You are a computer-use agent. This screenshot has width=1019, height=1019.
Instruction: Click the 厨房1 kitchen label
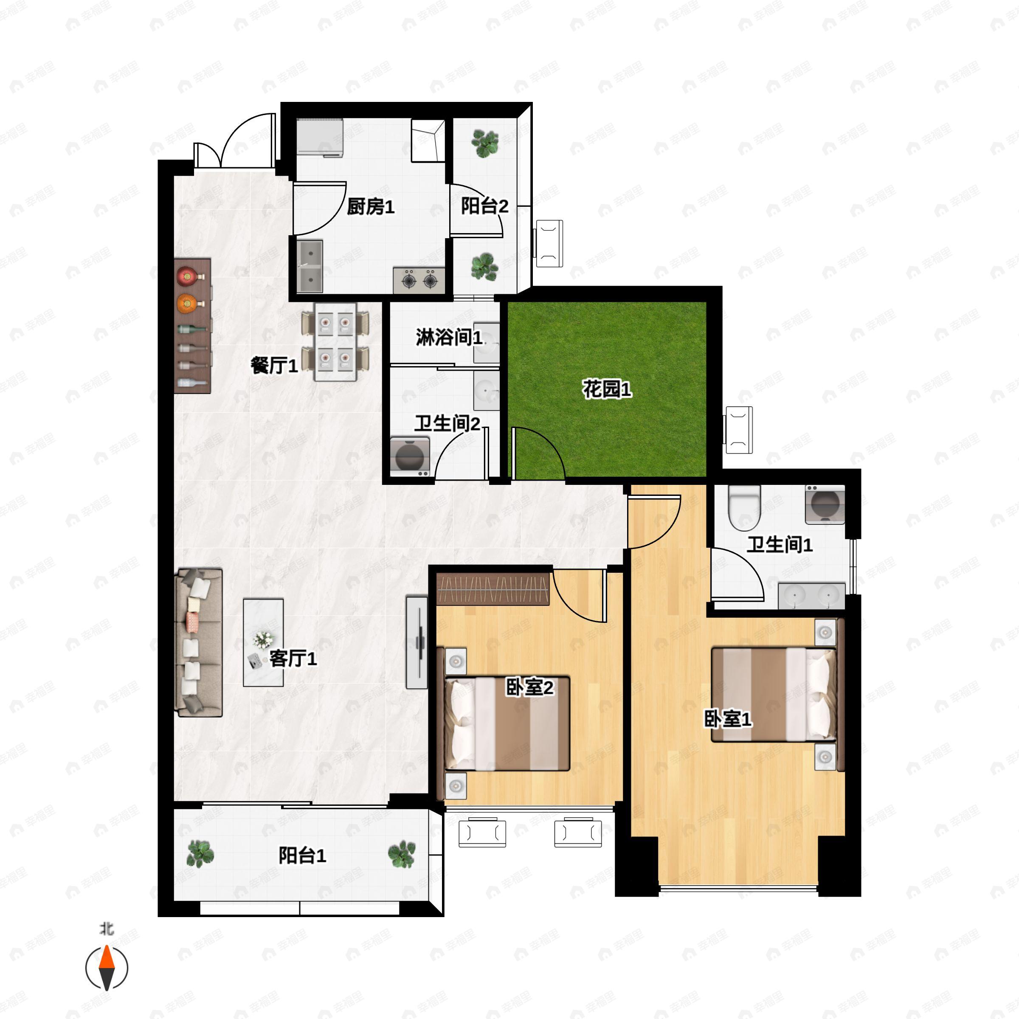click(370, 207)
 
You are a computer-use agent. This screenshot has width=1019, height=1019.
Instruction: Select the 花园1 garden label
click(607, 389)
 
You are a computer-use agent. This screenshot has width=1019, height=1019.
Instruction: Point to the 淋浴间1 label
click(449, 338)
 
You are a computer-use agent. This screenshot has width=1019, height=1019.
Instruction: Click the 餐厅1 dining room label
click(274, 365)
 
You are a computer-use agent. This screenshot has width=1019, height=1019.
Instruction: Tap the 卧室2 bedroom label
click(529, 687)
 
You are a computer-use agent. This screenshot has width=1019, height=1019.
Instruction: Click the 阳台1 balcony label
click(302, 856)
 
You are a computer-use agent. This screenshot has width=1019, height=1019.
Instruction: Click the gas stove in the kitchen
click(419, 280)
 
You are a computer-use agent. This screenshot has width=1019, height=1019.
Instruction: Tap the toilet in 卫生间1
click(744, 507)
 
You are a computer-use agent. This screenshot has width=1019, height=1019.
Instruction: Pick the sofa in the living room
click(198, 642)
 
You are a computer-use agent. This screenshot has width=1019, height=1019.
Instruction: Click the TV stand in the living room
click(417, 642)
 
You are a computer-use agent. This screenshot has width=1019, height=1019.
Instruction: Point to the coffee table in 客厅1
click(263, 642)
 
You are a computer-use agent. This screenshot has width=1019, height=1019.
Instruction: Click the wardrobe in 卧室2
click(494, 588)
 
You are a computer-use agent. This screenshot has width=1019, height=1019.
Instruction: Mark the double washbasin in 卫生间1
click(812, 595)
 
